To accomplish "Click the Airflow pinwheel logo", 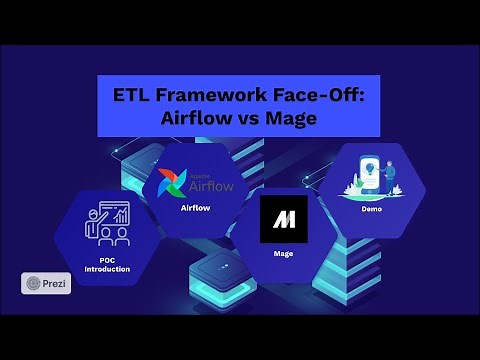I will coord(166,184).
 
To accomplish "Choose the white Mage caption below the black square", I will coord(283,253).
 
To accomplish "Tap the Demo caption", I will coord(371,209).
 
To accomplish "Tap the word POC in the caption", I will coord(109,260).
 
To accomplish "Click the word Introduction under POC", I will coord(109,269).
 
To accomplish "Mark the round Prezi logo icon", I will coord(33,284).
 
